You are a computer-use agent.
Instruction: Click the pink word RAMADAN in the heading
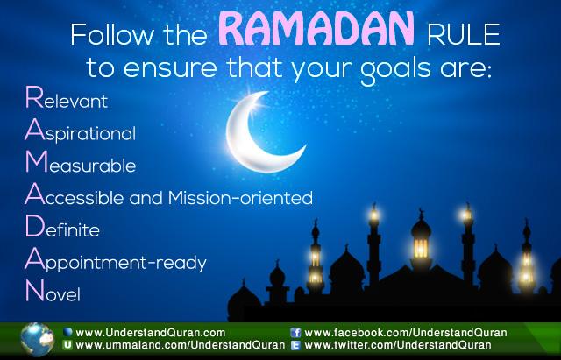[316, 29]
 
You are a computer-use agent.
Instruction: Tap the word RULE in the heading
[463, 35]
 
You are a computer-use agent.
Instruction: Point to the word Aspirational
[80, 131]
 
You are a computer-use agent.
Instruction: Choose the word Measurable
[81, 162]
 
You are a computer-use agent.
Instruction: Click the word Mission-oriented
[240, 197]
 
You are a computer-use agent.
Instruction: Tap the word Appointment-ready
[116, 261]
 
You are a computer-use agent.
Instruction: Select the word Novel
[53, 291]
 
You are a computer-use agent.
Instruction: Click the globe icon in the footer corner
[37, 340]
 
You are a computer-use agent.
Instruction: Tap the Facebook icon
[295, 333]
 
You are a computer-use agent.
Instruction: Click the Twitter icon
[295, 345]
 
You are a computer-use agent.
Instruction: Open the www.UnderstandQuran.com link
[151, 333]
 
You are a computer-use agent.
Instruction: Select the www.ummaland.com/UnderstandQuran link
[181, 345]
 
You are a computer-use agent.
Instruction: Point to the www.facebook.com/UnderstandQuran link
[406, 333]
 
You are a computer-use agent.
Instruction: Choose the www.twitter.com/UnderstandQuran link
[398, 345]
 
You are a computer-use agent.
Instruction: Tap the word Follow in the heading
[112, 35]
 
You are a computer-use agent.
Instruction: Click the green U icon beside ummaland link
[67, 345]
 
